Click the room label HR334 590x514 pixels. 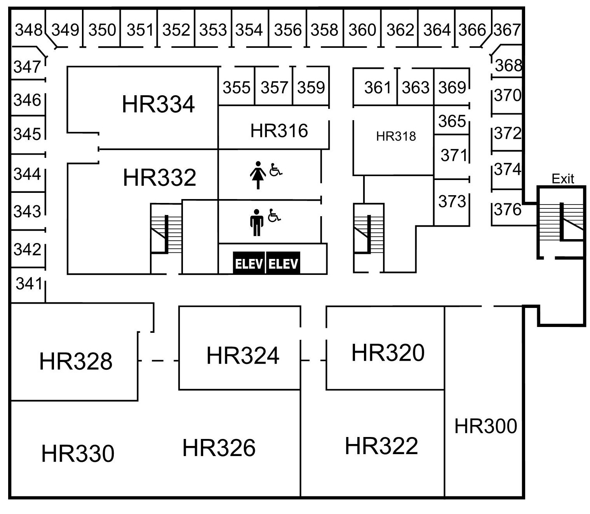click(x=158, y=104)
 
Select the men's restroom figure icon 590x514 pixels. click(x=256, y=222)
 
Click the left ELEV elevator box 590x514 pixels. click(x=249, y=264)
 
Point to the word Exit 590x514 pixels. click(x=562, y=179)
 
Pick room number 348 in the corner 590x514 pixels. click(x=28, y=30)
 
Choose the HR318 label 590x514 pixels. click(x=396, y=136)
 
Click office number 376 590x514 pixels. click(x=508, y=210)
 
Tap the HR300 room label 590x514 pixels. click(x=486, y=426)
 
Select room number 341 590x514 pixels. click(x=29, y=284)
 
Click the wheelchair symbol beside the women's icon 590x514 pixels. click(x=276, y=170)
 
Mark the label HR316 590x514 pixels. click(x=279, y=131)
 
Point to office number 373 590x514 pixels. click(x=452, y=201)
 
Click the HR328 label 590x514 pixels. click(x=76, y=361)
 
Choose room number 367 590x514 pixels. click(x=507, y=30)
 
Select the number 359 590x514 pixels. click(x=311, y=87)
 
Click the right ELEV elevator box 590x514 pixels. click(x=283, y=264)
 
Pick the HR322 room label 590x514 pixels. click(x=381, y=446)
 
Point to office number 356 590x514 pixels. click(x=287, y=30)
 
